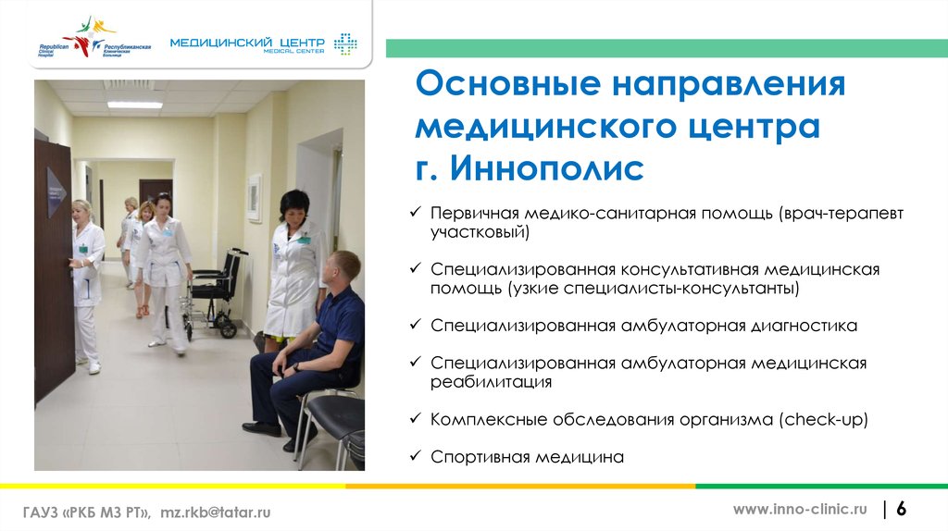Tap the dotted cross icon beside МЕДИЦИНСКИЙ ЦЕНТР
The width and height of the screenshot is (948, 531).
[x=345, y=44]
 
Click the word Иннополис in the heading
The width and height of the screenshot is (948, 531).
[x=546, y=168]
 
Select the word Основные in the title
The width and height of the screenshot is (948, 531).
[x=508, y=83]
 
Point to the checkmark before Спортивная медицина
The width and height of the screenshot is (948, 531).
[x=415, y=455]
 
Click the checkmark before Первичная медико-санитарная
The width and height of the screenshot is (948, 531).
[x=415, y=212]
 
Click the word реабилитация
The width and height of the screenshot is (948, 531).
[x=491, y=382]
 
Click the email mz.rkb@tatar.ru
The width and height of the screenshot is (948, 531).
[x=215, y=512]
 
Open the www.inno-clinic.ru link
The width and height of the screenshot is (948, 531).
[x=800, y=509]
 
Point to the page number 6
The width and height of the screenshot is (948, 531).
[x=901, y=509]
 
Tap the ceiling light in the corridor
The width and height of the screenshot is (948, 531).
[x=135, y=105]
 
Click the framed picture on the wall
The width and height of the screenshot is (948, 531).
[x=255, y=198]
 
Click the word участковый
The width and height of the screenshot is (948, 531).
[x=480, y=232]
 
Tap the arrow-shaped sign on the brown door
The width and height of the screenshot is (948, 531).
[x=56, y=191]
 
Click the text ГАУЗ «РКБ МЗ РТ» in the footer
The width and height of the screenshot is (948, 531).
[x=86, y=512]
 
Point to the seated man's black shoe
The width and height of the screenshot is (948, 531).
[x=262, y=429]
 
